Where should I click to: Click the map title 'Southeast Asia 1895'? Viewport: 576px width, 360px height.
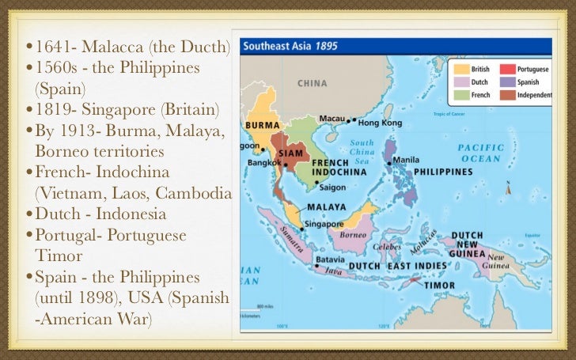pyautogui.click(x=289, y=46)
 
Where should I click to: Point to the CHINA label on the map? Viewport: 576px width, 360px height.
pyautogui.click(x=312, y=83)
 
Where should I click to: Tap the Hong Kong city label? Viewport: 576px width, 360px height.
pyautogui.click(x=378, y=123)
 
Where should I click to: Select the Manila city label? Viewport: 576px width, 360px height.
pyautogui.click(x=406, y=159)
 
